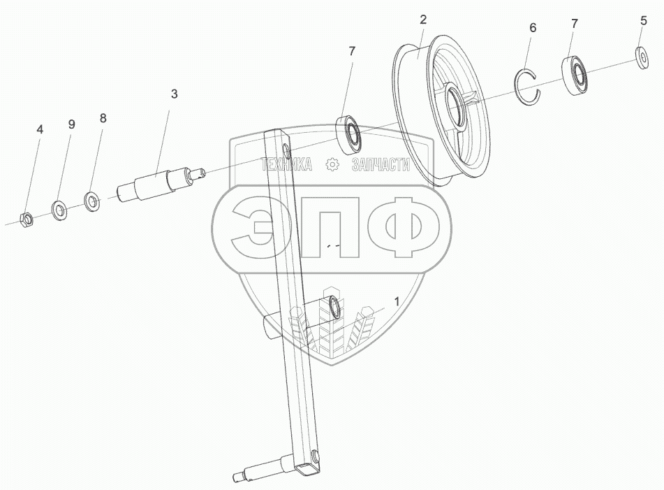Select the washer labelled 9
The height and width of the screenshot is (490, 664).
pyautogui.click(x=59, y=208)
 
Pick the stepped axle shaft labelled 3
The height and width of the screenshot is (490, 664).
pyautogui.click(x=160, y=183)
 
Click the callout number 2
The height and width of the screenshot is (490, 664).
pyautogui.click(x=423, y=20)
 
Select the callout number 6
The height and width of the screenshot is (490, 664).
pyautogui.click(x=533, y=28)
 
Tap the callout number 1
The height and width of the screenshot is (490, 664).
pyautogui.click(x=397, y=302)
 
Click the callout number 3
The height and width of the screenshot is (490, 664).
pyautogui.click(x=174, y=94)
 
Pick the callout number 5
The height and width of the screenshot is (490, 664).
pyautogui.click(x=643, y=21)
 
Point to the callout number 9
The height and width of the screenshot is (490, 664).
pyautogui.click(x=71, y=124)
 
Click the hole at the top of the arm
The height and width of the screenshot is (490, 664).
pyautogui.click(x=286, y=149)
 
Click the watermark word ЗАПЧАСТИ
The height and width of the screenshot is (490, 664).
pyautogui.click(x=381, y=165)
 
